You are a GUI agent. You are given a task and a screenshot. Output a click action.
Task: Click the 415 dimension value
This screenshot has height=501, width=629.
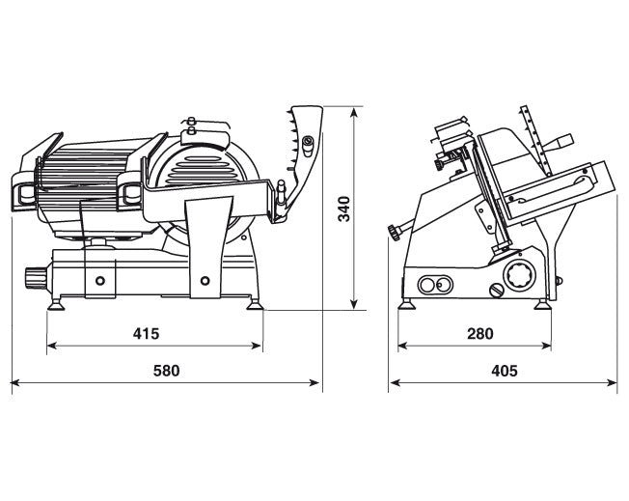point(146,333)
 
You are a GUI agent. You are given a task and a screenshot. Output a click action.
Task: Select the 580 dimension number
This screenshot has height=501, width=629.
point(166,371)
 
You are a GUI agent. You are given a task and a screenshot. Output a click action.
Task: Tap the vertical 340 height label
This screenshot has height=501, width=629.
point(344,209)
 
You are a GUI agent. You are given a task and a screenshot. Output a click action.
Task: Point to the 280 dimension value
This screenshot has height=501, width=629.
point(480,333)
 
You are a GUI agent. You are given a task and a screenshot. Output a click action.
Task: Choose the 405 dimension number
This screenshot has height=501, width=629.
point(505,371)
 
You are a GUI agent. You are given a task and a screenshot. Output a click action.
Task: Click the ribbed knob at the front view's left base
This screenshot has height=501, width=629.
point(36,277)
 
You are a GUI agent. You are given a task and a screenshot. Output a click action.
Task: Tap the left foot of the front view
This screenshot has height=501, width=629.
point(55,305)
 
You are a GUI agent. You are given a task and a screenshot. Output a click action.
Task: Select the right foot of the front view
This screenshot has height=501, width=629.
point(255,305)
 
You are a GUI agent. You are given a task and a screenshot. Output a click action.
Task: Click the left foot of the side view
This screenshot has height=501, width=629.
point(407,304)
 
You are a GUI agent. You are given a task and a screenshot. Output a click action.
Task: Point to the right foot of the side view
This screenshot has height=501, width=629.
point(542,305)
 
